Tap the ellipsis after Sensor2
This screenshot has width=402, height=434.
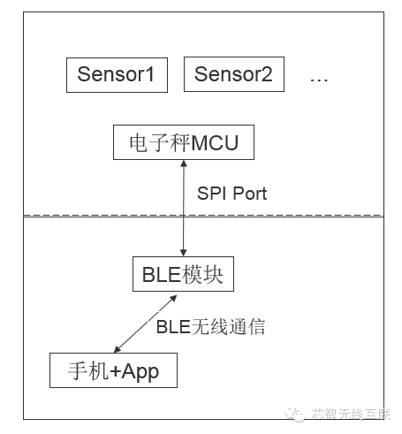(x=319, y=80)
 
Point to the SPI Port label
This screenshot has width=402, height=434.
(x=231, y=194)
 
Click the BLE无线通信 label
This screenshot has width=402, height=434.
(x=210, y=327)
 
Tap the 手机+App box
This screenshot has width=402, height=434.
(x=113, y=370)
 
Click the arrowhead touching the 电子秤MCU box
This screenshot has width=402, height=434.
(x=184, y=164)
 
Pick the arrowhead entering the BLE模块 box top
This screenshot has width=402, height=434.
(x=183, y=253)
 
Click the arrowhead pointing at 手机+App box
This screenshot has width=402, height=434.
(x=118, y=349)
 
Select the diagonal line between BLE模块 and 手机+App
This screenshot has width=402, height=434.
(x=145, y=324)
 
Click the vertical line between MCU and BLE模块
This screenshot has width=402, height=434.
(x=184, y=209)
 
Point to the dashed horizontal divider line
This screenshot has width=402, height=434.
(x=203, y=216)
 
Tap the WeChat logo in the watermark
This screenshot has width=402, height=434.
(x=295, y=415)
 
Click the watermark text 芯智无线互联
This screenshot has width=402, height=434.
(x=351, y=414)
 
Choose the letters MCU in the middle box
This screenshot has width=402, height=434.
(x=215, y=143)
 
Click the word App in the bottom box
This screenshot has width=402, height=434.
(x=140, y=372)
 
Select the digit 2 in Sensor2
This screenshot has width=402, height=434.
(x=267, y=74)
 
